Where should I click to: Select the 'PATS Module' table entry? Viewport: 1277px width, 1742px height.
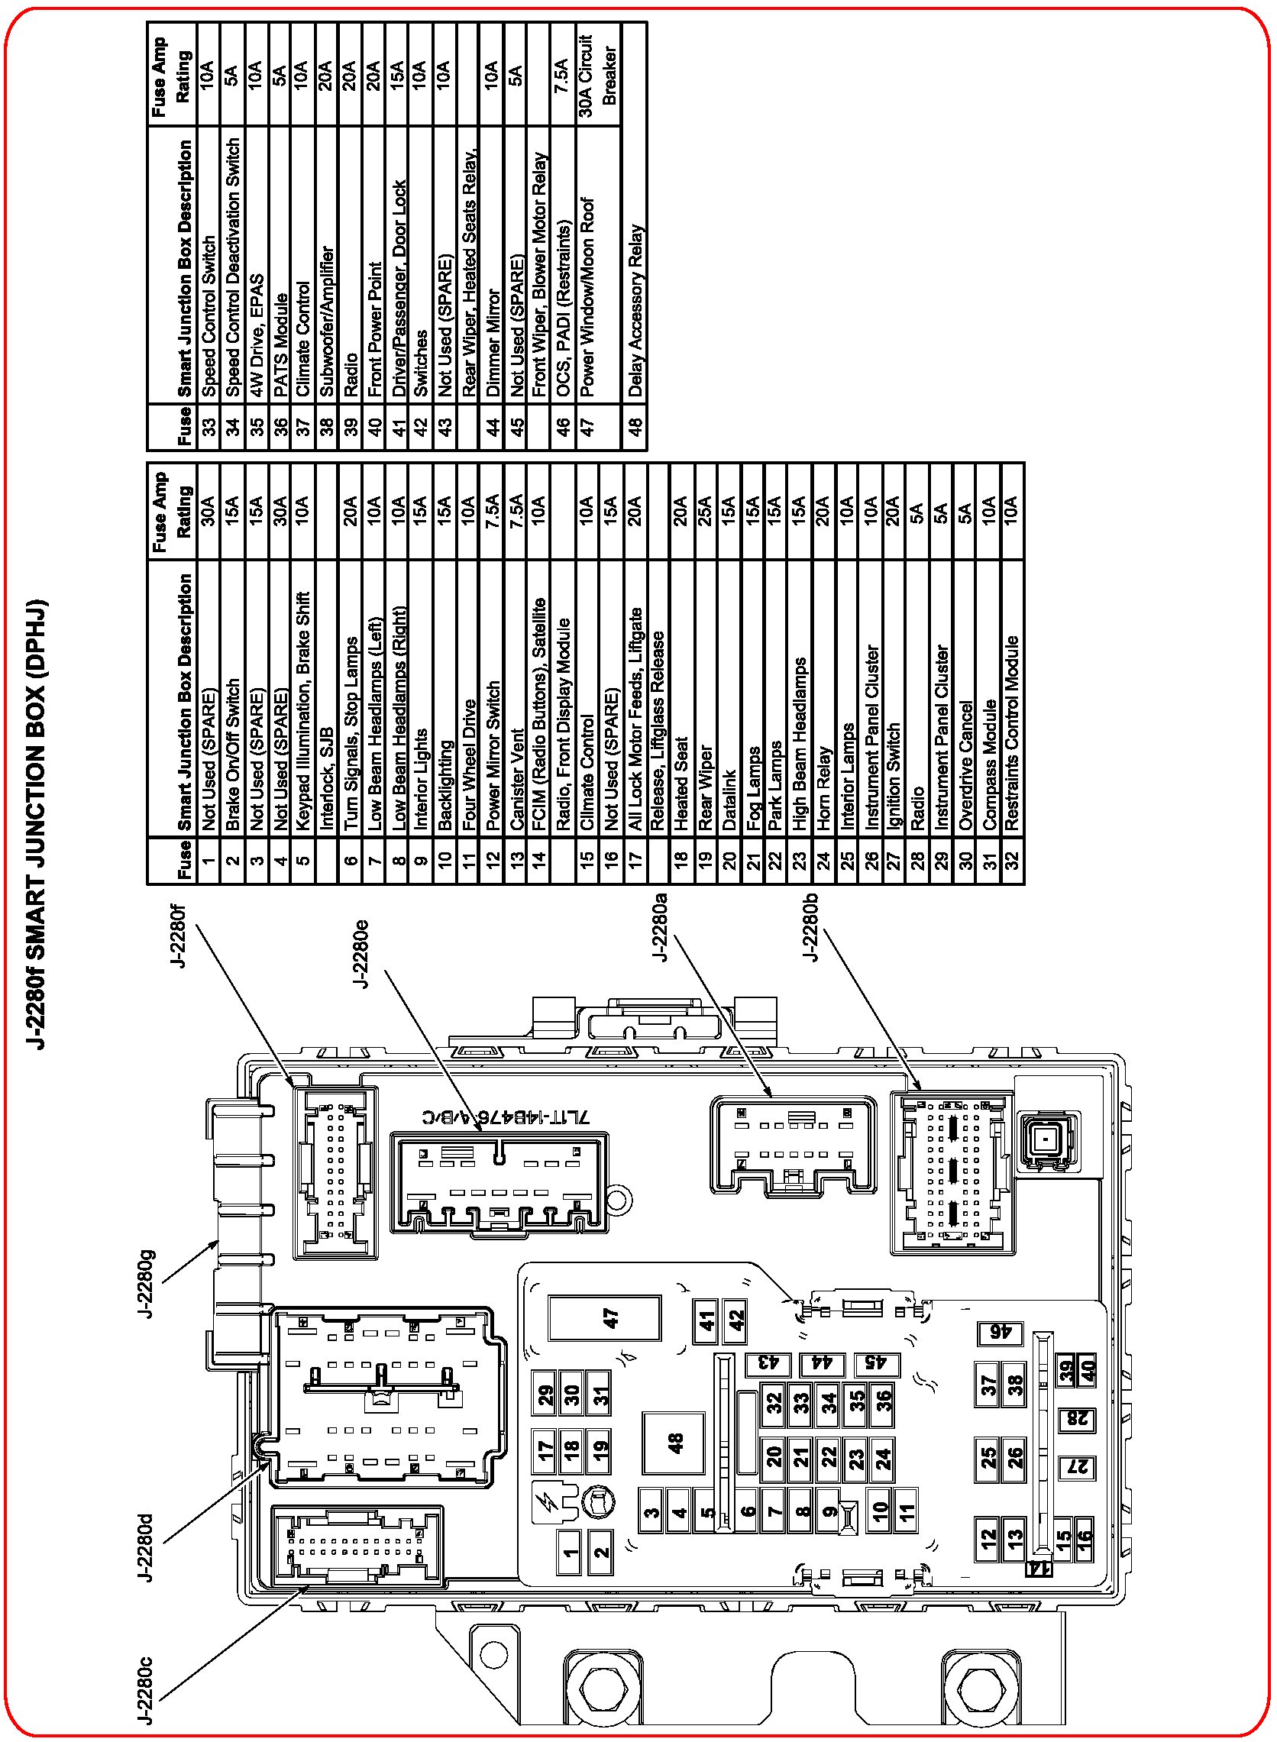click(x=280, y=344)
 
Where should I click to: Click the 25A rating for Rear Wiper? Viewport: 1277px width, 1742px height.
click(x=704, y=511)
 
